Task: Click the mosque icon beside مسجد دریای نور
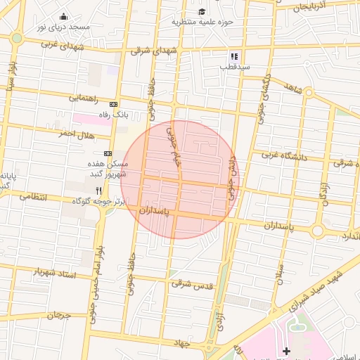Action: click(64, 16)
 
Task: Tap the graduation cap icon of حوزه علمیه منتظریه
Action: click(202, 11)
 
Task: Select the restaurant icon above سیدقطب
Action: click(234, 56)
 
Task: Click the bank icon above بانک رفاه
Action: click(113, 104)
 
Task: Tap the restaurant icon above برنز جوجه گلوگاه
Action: click(99, 190)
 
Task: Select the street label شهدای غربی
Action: click(62, 44)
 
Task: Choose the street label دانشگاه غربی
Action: click(284, 155)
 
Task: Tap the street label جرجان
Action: click(60, 316)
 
